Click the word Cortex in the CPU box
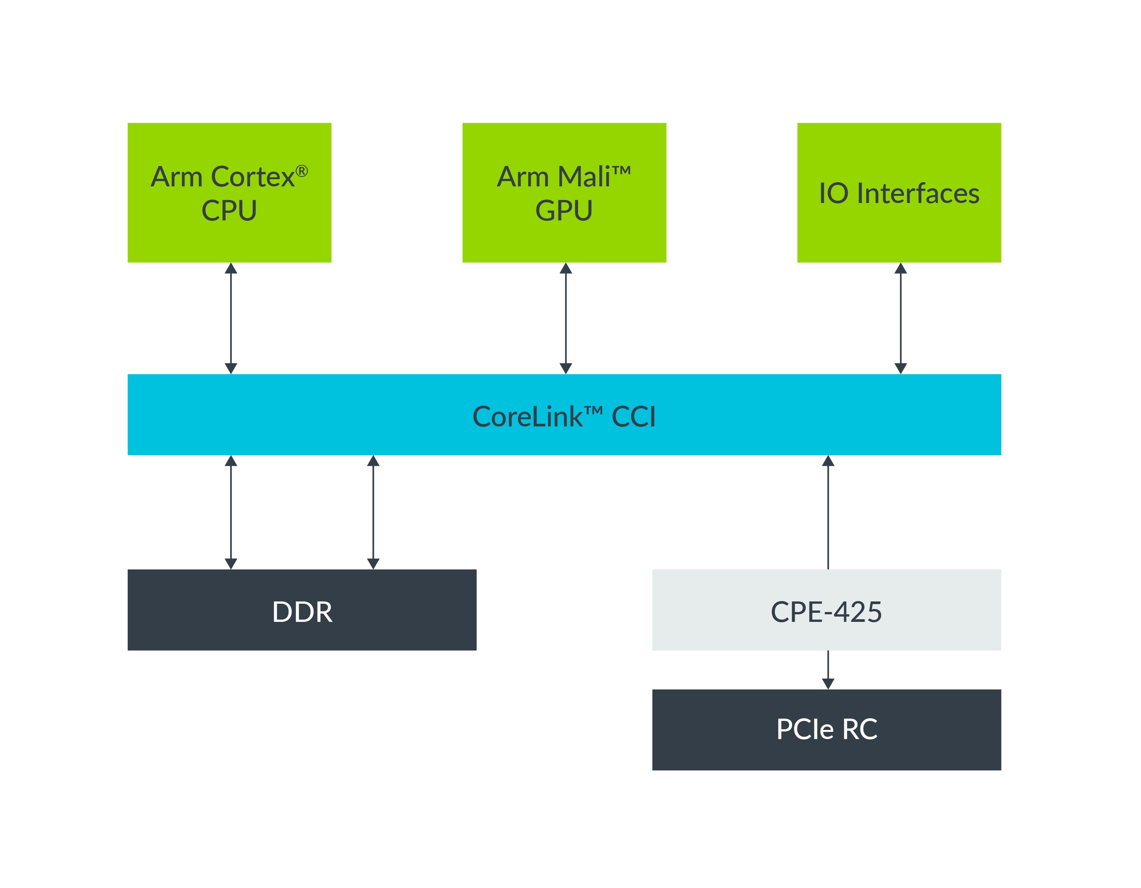[252, 177]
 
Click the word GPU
[564, 211]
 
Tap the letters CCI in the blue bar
[633, 417]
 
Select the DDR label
[302, 612]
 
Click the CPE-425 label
[826, 612]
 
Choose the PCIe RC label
[826, 729]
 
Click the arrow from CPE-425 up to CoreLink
[828, 512]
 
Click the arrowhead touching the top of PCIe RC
[828, 683]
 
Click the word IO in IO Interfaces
[833, 194]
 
